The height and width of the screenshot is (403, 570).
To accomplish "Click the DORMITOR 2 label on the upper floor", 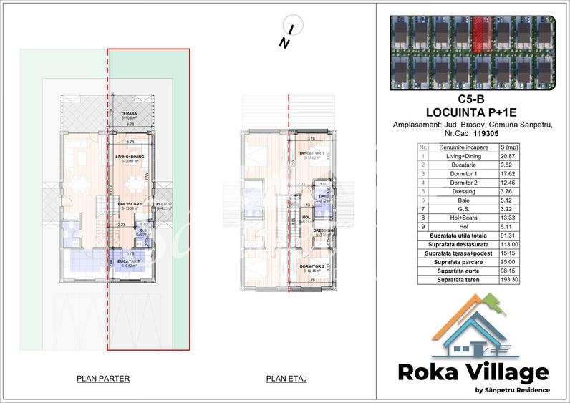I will coord(313,266).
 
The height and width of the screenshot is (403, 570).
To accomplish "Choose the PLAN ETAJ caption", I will coord(286,378).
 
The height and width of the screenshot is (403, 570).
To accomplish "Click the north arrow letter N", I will coord(284,43).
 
